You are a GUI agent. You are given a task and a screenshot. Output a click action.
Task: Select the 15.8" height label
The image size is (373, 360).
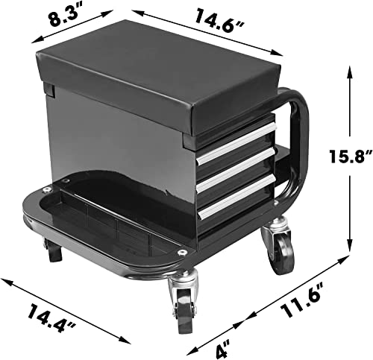tap(351, 156)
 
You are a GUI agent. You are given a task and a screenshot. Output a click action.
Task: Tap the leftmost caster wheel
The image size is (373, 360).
tap(53, 252)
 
